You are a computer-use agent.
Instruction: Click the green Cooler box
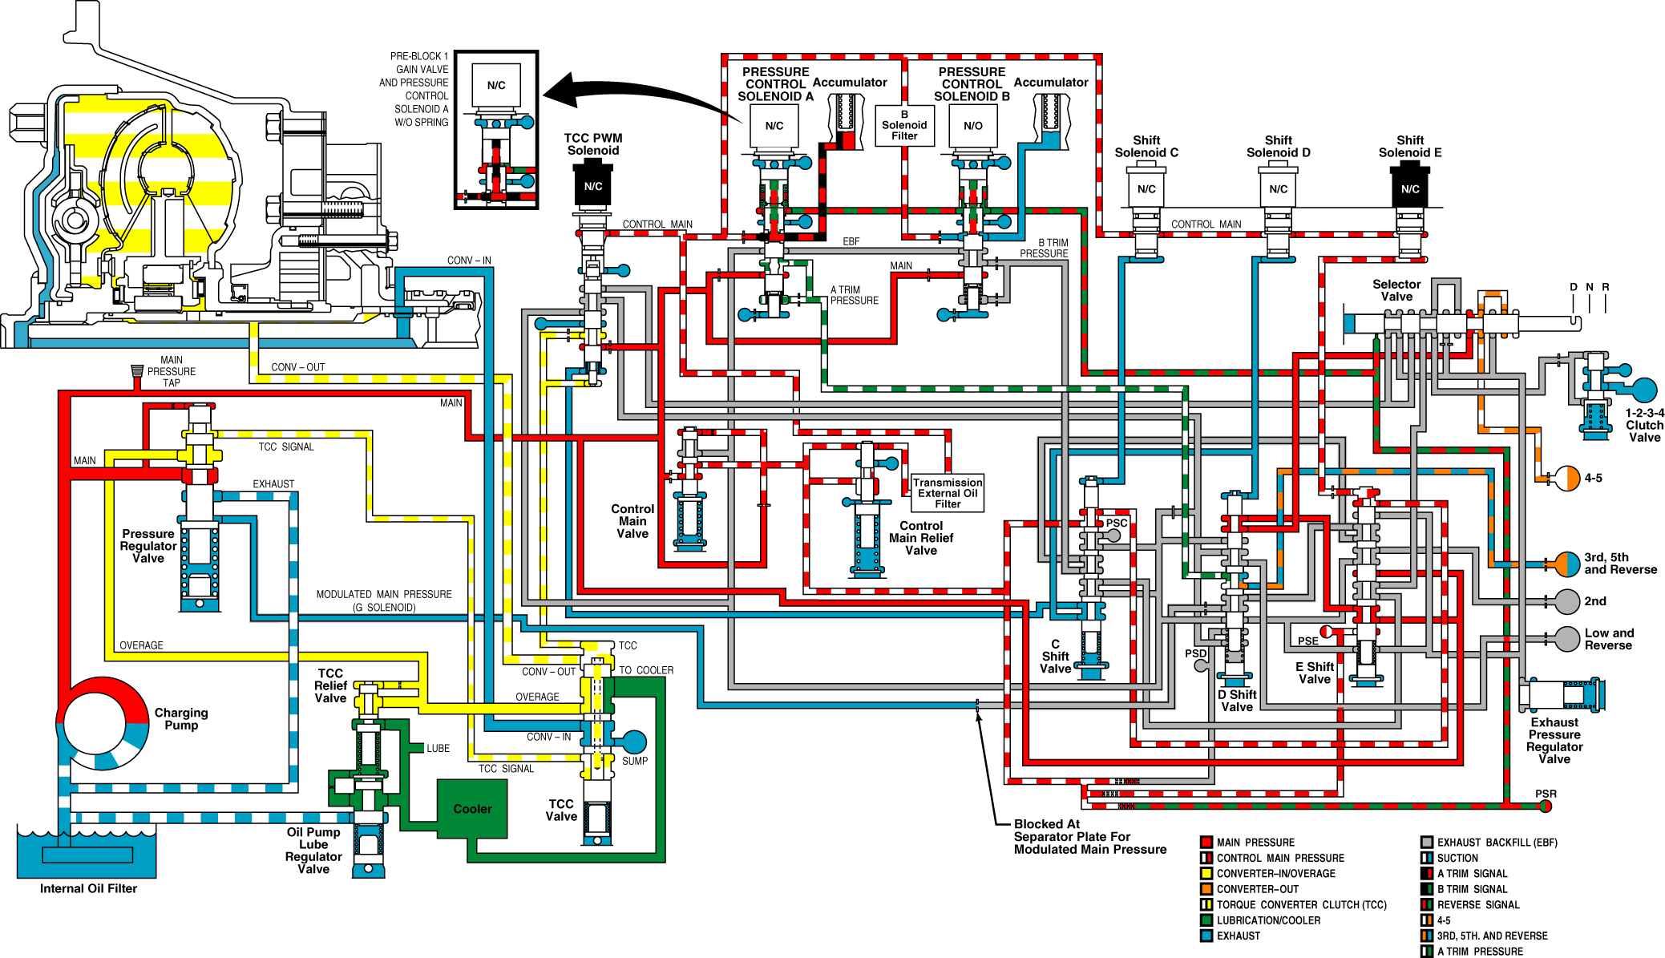pyautogui.click(x=472, y=809)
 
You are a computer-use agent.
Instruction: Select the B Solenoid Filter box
pyautogui.click(x=904, y=126)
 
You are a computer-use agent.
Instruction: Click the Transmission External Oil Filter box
pyautogui.click(x=948, y=493)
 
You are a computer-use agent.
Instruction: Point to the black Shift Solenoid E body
pyautogui.click(x=1410, y=186)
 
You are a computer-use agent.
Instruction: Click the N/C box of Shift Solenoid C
pyautogui.click(x=1146, y=189)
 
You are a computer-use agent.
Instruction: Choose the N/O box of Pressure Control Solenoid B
pyautogui.click(x=973, y=126)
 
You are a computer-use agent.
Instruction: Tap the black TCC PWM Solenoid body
pyautogui.click(x=593, y=185)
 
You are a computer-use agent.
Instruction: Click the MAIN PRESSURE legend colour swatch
pyautogui.click(x=1206, y=842)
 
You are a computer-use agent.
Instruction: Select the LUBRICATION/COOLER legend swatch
pyautogui.click(x=1206, y=920)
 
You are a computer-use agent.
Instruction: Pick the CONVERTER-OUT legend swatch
pyautogui.click(x=1206, y=889)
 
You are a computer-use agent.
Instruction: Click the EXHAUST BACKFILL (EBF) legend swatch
pyautogui.click(x=1426, y=842)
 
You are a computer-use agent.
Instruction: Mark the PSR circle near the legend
pyautogui.click(x=1546, y=806)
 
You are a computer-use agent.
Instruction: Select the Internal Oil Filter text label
pyautogui.click(x=88, y=888)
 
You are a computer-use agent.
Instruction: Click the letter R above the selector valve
pyautogui.click(x=1606, y=287)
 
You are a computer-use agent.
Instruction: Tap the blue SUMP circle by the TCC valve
pyautogui.click(x=634, y=742)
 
